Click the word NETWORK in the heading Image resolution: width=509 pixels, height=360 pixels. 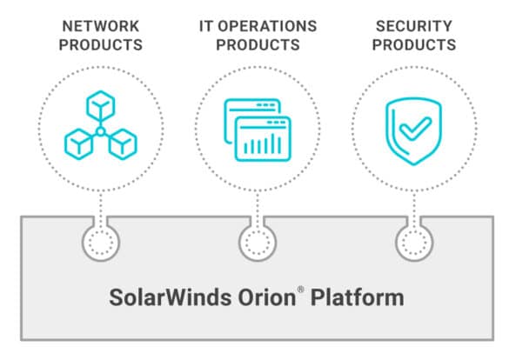pos(101,26)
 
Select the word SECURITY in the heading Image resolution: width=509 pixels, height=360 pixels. pos(414,26)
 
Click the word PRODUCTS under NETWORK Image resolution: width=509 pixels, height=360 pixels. pos(101,44)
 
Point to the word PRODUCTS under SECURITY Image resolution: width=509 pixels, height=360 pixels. pos(414,44)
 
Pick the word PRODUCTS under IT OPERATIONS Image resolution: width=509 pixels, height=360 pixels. pos(258,44)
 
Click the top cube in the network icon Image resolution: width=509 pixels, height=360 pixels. pos(101,106)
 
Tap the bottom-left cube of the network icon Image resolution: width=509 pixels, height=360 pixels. pos(78,144)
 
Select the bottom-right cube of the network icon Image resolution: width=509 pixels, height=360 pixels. pos(123,144)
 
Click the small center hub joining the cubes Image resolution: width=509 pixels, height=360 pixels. pos(101,131)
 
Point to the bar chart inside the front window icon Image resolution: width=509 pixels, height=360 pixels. pos(263,144)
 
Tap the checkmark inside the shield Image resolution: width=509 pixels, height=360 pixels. pos(416,128)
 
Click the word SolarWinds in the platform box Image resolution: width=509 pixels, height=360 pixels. pos(170,297)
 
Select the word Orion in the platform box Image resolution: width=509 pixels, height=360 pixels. pos(267,297)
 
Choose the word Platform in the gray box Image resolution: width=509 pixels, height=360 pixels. pos(357,297)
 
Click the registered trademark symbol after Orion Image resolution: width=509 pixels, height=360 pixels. pos(300,289)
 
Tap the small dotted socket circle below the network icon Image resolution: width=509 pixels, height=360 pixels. pos(101,243)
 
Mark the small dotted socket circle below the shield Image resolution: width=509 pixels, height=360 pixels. pos(414,243)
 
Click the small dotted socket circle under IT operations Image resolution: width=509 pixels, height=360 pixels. pos(258,243)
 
